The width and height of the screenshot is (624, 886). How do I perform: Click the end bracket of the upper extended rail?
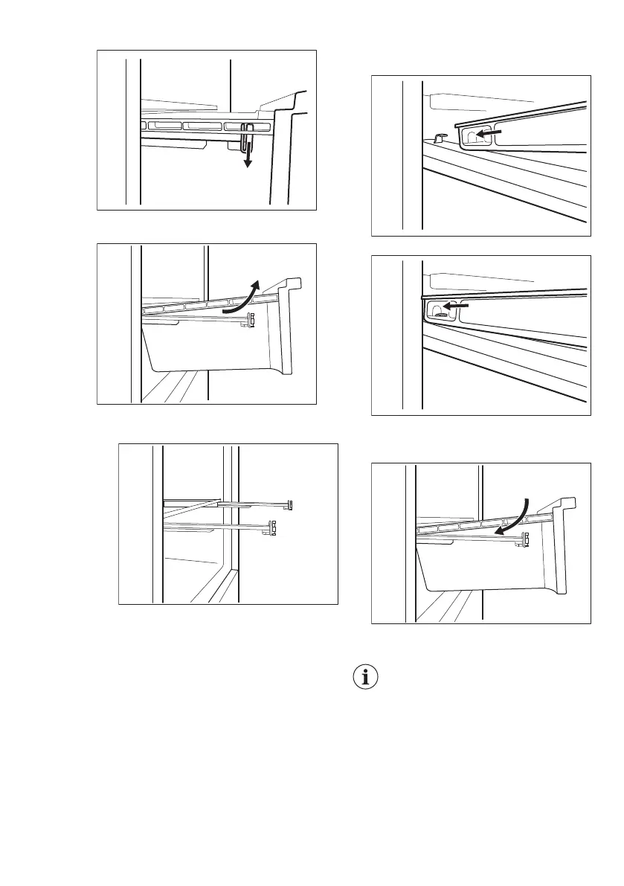pos(291,504)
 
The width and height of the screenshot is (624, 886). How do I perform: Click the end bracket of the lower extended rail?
pos(273,527)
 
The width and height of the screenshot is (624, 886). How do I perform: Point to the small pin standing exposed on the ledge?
pos(438,137)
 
